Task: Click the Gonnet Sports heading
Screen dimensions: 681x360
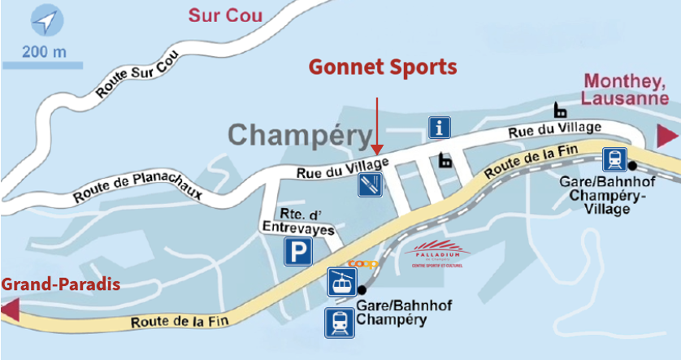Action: [382, 67]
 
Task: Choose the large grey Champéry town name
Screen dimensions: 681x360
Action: [301, 135]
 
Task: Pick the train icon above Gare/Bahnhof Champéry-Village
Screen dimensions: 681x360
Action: [614, 158]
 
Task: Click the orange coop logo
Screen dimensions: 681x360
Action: [363, 264]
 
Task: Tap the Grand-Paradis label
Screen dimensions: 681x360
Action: [61, 284]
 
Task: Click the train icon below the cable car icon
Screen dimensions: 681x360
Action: [339, 322]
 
